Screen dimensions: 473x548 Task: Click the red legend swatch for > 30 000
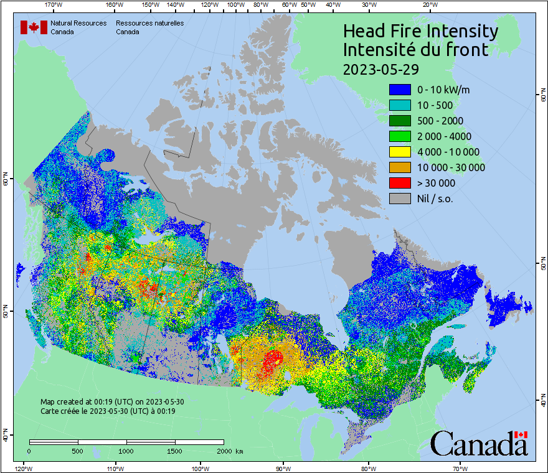(x=400, y=183)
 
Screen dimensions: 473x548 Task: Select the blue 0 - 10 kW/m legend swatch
(x=400, y=90)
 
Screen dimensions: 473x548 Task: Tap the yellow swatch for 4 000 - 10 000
(x=400, y=152)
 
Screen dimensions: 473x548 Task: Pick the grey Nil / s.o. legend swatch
(x=400, y=199)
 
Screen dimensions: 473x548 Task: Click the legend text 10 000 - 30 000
(x=451, y=167)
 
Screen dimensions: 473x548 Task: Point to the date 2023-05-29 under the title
(x=380, y=68)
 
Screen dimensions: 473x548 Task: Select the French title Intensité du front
(x=416, y=50)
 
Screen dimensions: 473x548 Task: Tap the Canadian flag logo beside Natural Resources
(x=34, y=27)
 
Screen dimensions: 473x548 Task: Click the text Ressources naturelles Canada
(x=149, y=27)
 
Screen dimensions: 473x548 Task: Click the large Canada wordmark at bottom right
(x=479, y=443)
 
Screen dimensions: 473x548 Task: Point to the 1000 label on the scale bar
(x=126, y=451)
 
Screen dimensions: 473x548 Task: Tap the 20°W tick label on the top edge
(x=429, y=5)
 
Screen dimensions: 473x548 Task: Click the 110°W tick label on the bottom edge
(x=115, y=468)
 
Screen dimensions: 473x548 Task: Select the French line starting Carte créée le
(x=108, y=411)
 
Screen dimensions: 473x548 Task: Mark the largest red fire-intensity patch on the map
(x=272, y=360)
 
